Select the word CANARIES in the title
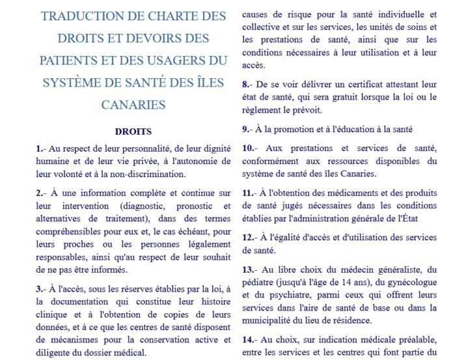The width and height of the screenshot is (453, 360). (x=133, y=104)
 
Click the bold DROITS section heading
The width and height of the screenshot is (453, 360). (x=133, y=132)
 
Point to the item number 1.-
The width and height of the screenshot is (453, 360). (x=40, y=149)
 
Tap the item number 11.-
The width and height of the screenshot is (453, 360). (x=249, y=193)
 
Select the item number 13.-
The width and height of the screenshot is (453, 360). (x=249, y=270)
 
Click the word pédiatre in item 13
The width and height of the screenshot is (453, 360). (x=260, y=282)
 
